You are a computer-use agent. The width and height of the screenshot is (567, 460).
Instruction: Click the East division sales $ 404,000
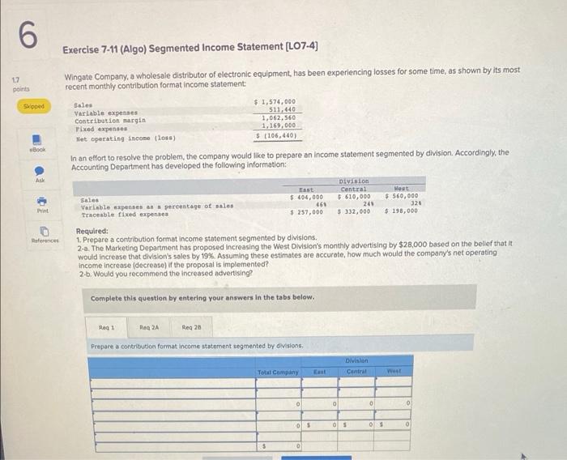pyautogui.click(x=307, y=196)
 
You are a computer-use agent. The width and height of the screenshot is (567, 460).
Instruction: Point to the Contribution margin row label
pyautogui.click(x=110, y=120)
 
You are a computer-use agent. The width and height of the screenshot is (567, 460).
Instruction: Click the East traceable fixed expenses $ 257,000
pyautogui.click(x=307, y=211)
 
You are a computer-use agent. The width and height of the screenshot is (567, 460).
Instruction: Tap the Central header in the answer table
pyautogui.click(x=356, y=372)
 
